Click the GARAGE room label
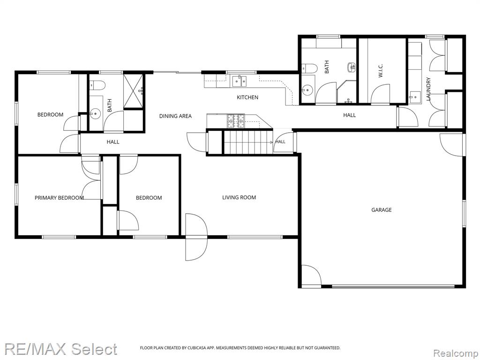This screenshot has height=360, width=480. tap(382, 210)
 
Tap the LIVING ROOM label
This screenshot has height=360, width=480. tap(239, 197)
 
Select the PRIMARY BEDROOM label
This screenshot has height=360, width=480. tap(59, 198)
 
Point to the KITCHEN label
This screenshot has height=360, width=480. tap(247, 97)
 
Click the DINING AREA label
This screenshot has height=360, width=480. tap(175, 116)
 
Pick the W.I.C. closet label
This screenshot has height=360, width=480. tap(381, 70)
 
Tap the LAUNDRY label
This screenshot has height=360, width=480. tap(428, 89)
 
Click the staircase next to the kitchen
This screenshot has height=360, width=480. tap(248, 142)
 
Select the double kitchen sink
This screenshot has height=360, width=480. tap(240, 81)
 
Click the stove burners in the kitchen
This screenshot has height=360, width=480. tap(236, 120)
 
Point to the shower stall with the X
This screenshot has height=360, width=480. tap(133, 91)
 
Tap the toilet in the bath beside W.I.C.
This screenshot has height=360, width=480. tap(308, 68)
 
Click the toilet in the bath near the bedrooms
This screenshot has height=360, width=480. tap(97, 84)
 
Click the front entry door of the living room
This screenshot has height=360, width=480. tap(196, 237)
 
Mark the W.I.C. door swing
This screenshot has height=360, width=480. tap(381, 94)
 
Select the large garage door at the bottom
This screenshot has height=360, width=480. tap(393, 286)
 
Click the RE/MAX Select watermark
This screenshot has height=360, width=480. tap(60, 349)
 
